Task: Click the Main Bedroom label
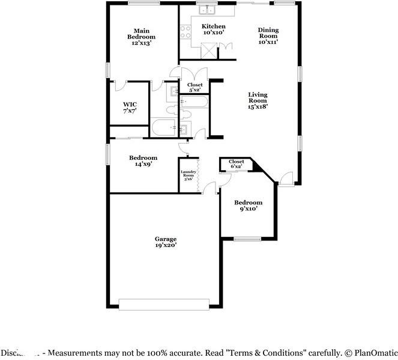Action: click(x=142, y=37)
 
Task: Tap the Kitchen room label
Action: click(x=213, y=29)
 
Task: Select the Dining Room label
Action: click(x=269, y=36)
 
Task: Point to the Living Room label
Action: click(x=258, y=100)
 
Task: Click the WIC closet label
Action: click(x=130, y=108)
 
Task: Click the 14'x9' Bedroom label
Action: click(x=143, y=160)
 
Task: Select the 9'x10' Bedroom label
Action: click(x=248, y=206)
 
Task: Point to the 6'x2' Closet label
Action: click(x=236, y=163)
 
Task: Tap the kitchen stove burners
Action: click(x=185, y=31)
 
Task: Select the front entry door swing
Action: click(x=286, y=178)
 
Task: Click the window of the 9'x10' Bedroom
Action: click(x=247, y=239)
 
